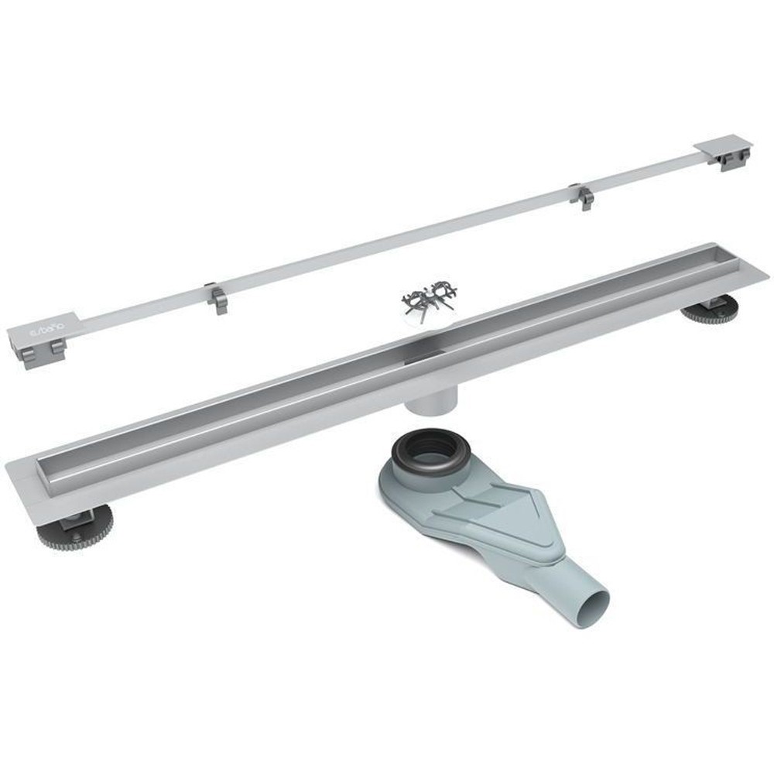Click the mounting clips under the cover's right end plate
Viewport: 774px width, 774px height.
coord(731,159)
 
